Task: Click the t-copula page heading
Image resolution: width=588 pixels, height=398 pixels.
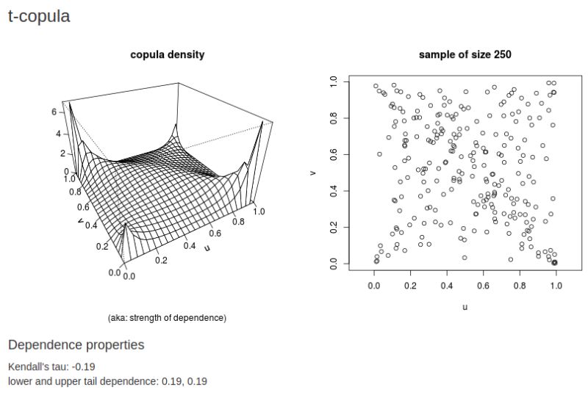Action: [x=39, y=16]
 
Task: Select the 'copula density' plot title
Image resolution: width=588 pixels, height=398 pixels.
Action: [x=167, y=54]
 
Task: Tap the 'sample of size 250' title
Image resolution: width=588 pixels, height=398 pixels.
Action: [x=465, y=54]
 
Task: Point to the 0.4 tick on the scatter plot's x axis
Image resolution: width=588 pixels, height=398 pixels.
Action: [x=447, y=280]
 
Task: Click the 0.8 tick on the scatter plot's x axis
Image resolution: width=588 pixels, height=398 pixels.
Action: [x=520, y=280]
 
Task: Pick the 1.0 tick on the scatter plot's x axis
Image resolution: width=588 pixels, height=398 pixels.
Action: [x=556, y=280]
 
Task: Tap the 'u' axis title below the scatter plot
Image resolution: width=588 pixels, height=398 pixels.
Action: [x=465, y=307]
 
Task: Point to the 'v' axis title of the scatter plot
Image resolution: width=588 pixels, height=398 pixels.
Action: [x=313, y=173]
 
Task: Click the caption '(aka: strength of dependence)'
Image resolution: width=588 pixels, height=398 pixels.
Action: [x=167, y=318]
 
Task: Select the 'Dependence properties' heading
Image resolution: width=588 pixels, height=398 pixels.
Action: [x=76, y=344]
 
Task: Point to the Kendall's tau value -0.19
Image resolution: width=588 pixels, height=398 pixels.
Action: [x=83, y=366]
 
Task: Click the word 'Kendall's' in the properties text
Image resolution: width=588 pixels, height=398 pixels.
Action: [x=26, y=366]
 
